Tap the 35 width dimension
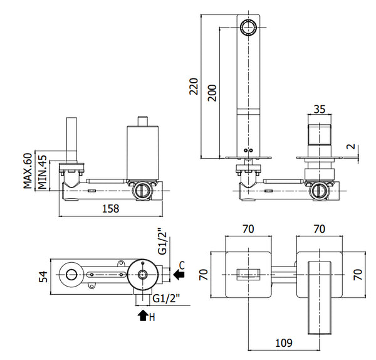(x=319, y=109)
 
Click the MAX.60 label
(x=27, y=171)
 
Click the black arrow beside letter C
(x=180, y=274)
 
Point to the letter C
(x=182, y=263)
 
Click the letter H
(x=153, y=316)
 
